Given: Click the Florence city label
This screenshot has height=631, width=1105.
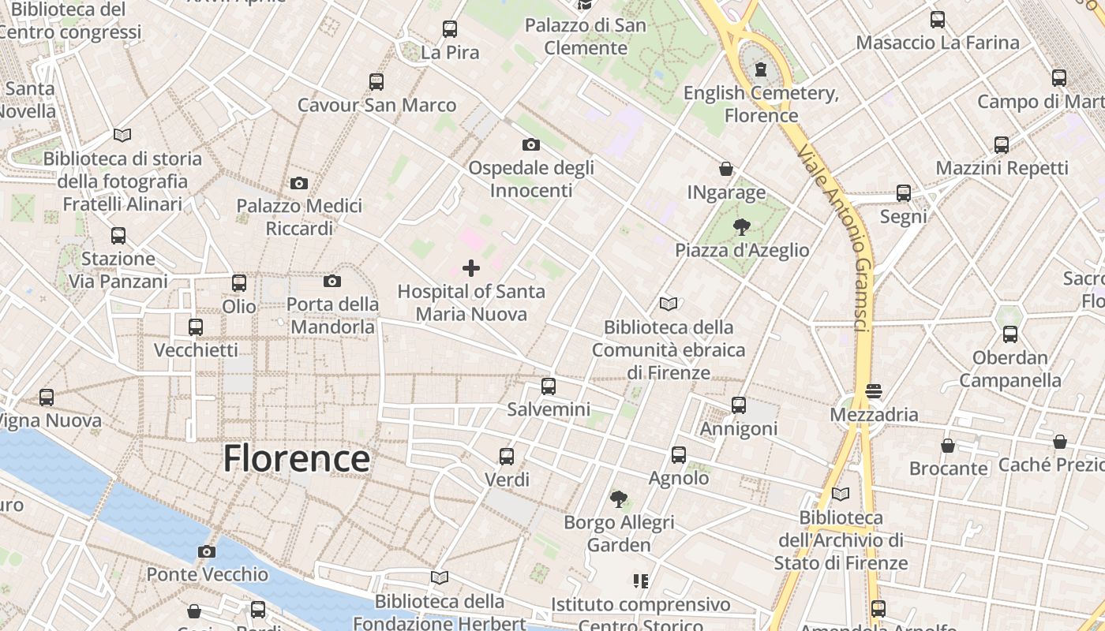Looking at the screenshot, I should [296, 458].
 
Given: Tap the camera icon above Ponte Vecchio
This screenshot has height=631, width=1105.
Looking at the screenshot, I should [207, 551].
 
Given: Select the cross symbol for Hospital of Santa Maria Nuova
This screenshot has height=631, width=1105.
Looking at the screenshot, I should [471, 268].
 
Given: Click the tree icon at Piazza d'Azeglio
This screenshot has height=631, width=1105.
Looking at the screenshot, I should [741, 228].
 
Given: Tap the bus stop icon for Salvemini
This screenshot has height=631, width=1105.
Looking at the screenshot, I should [549, 386].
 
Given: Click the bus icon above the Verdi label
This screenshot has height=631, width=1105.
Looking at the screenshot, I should [507, 456].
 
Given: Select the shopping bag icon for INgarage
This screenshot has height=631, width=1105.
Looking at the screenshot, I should [726, 169].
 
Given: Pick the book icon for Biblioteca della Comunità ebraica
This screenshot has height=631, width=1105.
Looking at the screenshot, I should [669, 304].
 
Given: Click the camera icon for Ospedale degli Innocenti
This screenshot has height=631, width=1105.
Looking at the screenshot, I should [531, 144].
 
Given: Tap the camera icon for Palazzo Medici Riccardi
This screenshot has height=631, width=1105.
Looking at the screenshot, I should [299, 183].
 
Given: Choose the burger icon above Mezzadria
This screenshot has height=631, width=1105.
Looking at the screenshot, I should [874, 391].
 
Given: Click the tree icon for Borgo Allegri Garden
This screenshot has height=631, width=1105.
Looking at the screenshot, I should [619, 498].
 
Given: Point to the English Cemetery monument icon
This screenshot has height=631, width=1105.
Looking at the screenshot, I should [760, 70].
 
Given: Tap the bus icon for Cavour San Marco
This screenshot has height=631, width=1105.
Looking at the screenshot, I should [376, 81].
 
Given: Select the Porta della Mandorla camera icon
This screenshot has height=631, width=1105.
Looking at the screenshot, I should [332, 281].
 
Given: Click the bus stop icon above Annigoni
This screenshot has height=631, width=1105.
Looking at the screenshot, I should [739, 405].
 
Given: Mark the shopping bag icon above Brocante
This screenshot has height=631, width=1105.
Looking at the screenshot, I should [948, 446].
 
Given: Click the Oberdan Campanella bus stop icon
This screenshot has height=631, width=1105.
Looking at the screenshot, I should [1010, 334].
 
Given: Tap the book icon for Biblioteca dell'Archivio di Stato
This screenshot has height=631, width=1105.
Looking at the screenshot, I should [841, 495].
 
